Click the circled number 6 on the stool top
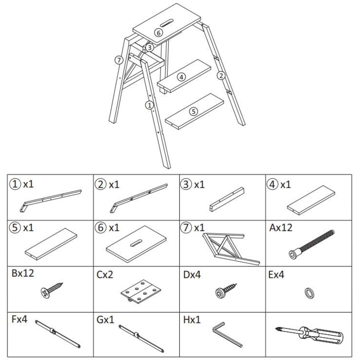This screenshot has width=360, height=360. (158, 33)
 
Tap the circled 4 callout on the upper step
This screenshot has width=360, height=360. (181, 77)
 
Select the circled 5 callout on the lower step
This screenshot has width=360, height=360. (193, 112)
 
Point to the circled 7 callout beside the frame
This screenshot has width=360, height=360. (119, 60)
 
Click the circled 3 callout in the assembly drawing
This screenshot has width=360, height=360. (150, 48)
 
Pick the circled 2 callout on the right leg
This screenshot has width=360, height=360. (221, 76)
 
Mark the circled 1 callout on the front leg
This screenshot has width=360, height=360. (149, 105)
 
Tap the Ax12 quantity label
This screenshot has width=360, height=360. (280, 228)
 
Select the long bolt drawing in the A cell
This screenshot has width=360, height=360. (311, 244)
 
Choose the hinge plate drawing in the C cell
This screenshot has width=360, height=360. (141, 291)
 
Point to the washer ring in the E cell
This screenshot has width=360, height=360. (309, 293)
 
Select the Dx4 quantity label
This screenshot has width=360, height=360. (192, 275)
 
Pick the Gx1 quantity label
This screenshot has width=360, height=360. (105, 320)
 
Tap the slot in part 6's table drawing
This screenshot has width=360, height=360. (136, 243)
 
